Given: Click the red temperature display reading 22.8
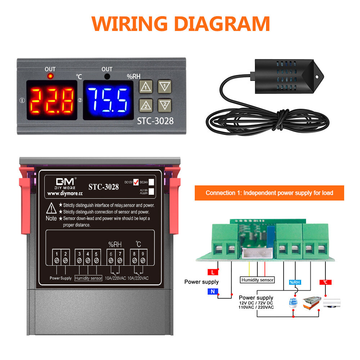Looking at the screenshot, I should tap(52, 100).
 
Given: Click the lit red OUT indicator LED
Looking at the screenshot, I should tap(50, 76).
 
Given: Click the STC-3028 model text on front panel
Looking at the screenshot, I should tap(155, 121).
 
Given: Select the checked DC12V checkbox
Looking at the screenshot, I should tap(136, 182).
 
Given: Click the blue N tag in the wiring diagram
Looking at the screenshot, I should tap(213, 292).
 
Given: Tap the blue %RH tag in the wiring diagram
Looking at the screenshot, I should tap(294, 282).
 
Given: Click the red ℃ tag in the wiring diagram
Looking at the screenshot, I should tap(325, 282).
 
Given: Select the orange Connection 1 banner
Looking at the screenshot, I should tap(269, 193).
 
